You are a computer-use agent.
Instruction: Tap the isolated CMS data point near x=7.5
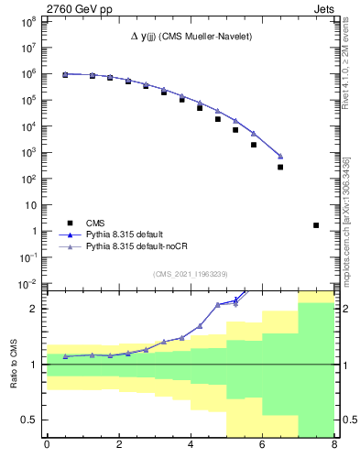pyautogui.click(x=316, y=224)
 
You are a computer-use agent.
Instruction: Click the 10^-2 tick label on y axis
pyautogui.click(x=27, y=285)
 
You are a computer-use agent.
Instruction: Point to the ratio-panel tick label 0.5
pyautogui.click(x=29, y=420)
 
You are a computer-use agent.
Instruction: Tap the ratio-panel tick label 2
pyautogui.click(x=35, y=309)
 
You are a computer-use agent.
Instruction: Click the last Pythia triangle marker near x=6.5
pyautogui.click(x=280, y=156)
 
